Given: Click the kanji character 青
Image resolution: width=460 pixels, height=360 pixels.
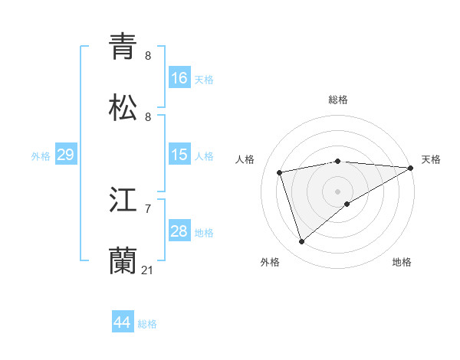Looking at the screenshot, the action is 123,47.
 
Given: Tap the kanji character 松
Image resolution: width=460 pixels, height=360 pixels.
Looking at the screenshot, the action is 123,109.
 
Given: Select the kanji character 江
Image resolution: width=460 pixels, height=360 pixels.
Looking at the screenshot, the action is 123,201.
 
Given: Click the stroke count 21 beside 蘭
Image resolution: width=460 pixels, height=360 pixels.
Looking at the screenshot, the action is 148,270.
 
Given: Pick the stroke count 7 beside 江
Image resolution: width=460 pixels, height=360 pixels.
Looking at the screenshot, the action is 148,208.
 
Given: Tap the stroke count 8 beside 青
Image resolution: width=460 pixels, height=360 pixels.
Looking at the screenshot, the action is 148,55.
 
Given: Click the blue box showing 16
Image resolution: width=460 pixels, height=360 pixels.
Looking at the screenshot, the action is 179,78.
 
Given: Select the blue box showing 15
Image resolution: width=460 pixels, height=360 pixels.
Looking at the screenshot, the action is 179,155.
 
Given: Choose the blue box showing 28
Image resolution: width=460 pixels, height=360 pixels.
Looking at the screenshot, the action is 179,231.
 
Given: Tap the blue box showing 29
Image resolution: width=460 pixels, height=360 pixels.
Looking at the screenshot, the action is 65,155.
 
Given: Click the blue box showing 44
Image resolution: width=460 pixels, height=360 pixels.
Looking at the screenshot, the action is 123,322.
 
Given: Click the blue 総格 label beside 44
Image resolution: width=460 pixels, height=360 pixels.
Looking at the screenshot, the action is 147,324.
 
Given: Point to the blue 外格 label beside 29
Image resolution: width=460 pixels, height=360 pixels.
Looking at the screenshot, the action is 41,156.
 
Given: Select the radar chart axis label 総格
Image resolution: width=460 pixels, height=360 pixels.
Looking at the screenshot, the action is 338,100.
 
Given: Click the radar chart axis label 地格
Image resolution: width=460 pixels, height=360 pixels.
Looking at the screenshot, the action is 402,262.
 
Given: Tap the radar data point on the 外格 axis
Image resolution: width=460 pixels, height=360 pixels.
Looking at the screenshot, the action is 302,242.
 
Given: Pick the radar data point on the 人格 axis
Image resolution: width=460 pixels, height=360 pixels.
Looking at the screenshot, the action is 281,172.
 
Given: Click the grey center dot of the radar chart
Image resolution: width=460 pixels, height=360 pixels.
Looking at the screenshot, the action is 337,191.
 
